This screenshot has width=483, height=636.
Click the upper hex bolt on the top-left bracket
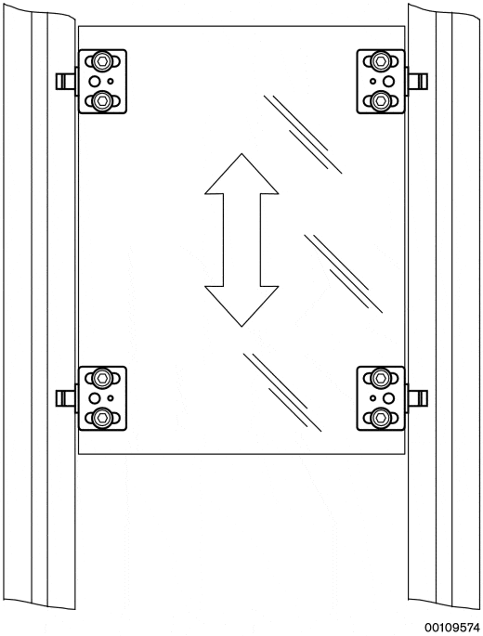tap(102, 61)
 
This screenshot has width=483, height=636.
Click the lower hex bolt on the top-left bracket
tap(102, 100)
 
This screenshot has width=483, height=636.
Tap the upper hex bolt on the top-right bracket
tap(381, 61)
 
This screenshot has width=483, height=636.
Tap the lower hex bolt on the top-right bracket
tap(381, 100)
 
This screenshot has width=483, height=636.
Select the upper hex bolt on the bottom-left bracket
tap(102, 379)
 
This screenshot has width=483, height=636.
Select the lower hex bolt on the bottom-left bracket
tap(102, 418)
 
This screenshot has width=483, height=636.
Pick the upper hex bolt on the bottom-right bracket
tap(381, 379)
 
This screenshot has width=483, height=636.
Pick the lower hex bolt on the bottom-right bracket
tap(381, 418)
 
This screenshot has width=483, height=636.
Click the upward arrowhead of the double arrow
tap(241, 175)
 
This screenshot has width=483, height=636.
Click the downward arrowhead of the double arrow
tap(241, 306)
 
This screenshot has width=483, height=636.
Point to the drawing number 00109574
tap(452, 627)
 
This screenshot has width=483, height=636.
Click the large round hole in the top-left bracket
tap(95, 82)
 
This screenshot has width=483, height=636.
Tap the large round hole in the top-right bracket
tap(388, 82)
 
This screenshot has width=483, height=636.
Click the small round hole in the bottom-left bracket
tap(111, 398)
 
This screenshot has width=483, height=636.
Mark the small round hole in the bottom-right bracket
tap(372, 398)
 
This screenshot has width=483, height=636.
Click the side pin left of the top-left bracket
tap(65, 82)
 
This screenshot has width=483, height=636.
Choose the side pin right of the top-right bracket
tap(418, 82)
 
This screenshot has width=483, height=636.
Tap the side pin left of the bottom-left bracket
tap(65, 398)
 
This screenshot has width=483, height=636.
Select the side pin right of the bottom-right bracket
tap(418, 398)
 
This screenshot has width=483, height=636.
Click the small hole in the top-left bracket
tap(111, 82)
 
